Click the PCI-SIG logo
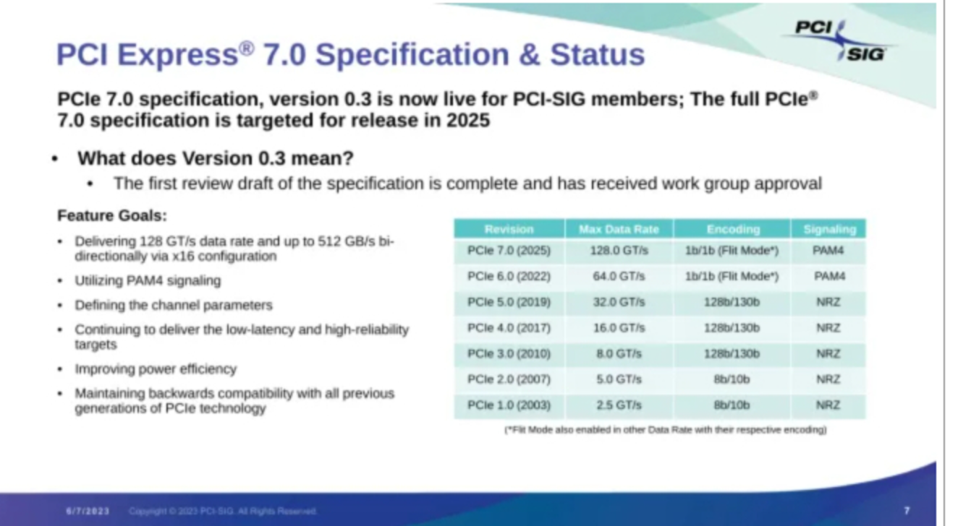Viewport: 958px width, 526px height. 840,41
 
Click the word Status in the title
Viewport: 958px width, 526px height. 597,55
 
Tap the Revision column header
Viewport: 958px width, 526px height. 509,229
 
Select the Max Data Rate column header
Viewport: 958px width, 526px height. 619,229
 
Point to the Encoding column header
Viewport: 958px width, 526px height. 733,230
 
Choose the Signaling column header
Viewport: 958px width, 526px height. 830,230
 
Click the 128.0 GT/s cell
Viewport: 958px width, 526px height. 619,250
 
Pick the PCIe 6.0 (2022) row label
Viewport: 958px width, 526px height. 509,276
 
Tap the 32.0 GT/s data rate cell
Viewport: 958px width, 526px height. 619,302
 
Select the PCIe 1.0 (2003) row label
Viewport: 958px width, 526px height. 509,405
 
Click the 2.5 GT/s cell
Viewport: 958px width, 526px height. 619,405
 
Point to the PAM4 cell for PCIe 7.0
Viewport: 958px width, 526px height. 828,250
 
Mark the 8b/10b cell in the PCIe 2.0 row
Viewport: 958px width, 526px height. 732,379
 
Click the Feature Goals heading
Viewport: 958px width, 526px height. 112,215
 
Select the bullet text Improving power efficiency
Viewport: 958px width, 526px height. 156,369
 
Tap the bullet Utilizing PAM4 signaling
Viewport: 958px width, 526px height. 148,280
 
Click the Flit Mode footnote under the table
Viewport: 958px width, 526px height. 666,429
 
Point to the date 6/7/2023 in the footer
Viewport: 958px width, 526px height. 88,511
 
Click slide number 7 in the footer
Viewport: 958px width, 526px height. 907,511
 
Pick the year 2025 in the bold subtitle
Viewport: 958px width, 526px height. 468,121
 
